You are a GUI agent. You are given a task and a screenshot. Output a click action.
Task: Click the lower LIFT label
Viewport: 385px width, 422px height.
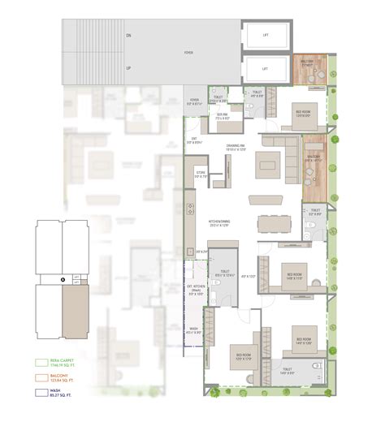point(265,68)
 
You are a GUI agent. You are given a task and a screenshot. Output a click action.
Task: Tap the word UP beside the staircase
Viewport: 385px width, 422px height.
point(128,68)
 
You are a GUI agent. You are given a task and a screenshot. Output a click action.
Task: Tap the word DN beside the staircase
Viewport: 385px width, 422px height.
point(128,37)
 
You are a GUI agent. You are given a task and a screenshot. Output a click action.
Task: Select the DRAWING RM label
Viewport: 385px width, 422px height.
point(237,148)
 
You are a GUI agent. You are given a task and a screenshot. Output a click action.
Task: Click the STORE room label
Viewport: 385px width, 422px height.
point(201,174)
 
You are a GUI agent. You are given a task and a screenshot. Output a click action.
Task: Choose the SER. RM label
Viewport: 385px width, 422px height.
point(221,116)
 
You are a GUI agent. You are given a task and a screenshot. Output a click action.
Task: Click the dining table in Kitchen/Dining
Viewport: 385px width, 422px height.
point(274,223)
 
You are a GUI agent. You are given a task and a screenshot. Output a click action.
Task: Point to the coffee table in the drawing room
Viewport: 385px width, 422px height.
point(268,168)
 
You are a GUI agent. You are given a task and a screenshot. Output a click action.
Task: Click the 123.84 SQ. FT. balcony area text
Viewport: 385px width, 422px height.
point(64,381)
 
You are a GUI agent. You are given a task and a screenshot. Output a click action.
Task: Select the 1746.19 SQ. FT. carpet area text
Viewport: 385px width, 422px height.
point(64,366)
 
